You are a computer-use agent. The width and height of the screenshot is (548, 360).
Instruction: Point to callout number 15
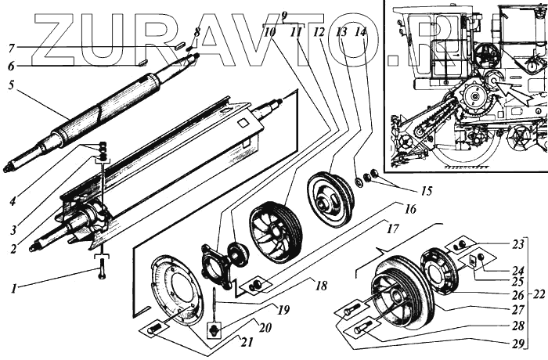pyautogui.click(x=404, y=192)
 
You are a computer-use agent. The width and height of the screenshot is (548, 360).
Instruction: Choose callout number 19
pyautogui.click(x=283, y=310)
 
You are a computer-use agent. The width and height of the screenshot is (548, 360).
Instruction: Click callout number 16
pyautogui.click(x=410, y=209)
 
